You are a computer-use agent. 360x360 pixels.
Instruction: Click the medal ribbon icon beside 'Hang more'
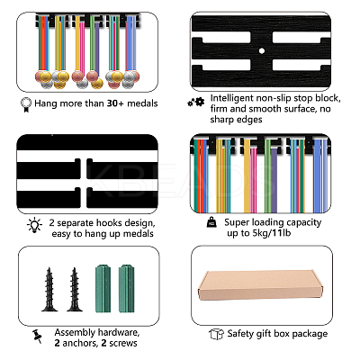coord(26,104)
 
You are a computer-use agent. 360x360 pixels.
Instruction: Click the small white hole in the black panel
coord(262,51)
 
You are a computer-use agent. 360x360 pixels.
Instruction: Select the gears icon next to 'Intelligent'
coord(196,103)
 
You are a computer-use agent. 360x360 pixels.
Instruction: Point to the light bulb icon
coord(34,225)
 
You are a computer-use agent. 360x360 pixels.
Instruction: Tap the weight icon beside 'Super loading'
coord(211,222)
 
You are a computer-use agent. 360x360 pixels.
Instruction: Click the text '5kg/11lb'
coord(272,233)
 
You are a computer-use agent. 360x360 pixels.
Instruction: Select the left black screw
coord(49,290)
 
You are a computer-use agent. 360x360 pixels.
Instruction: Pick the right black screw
coord(75,290)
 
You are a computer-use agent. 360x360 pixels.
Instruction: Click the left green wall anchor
coord(103,289)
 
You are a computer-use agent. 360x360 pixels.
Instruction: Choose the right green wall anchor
coord(126,289)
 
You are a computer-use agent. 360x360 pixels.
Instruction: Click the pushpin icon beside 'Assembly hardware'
coord(37,337)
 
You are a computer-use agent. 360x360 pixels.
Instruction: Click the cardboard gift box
coord(260,285)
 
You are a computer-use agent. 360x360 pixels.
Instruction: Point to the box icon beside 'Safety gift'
coord(216,334)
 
